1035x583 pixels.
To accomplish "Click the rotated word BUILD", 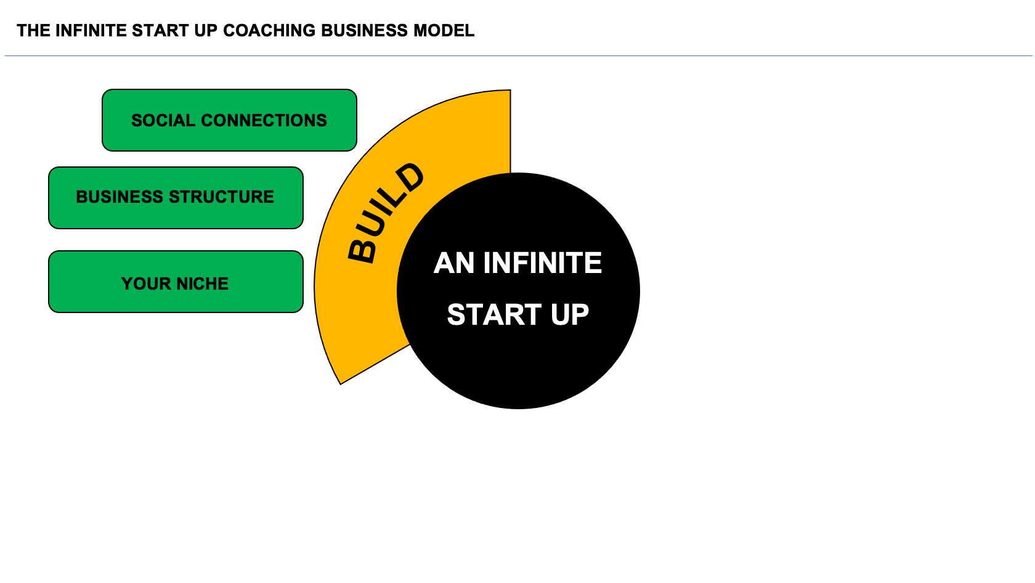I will point(386,213).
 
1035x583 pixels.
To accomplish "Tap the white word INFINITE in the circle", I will point(542,263).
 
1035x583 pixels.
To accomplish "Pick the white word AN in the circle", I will point(454,263).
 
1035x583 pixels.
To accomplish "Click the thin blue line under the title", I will point(739,56).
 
